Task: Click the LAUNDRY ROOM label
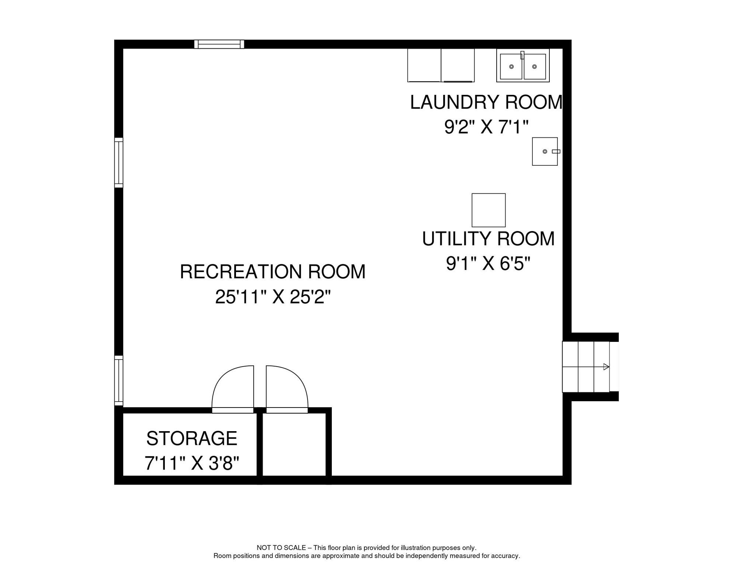tap(486, 102)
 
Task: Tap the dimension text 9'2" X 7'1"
tap(486, 127)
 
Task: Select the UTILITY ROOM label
tap(488, 239)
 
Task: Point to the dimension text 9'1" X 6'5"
tap(488, 264)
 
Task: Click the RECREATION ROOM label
tap(272, 272)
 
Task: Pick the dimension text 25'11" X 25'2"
tap(272, 297)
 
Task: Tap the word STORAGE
tap(191, 439)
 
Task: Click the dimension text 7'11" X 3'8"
tap(191, 463)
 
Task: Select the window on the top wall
tap(219, 44)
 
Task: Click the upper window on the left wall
tap(119, 163)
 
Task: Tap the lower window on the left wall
tap(119, 381)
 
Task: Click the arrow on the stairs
tap(606, 367)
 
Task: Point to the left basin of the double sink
tap(511, 66)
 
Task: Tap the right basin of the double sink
tap(534, 66)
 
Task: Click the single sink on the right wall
tap(545, 152)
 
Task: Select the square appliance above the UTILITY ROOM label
tap(489, 210)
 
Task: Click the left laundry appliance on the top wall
tap(424, 65)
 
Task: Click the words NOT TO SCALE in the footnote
tap(281, 548)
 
